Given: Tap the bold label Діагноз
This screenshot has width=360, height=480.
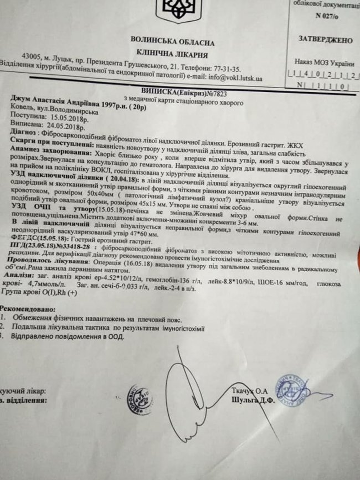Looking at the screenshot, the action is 20,135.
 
